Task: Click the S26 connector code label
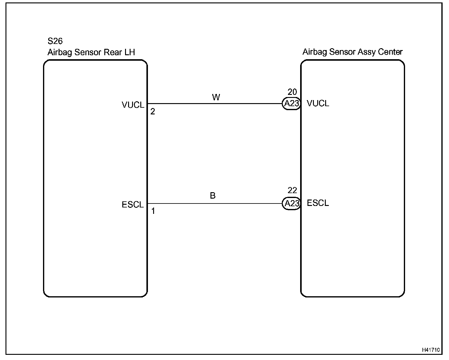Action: coord(55,41)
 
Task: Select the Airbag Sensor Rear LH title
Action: coord(91,52)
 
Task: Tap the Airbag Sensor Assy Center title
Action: coord(352,52)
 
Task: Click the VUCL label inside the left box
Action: coord(133,105)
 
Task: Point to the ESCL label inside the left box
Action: coord(133,205)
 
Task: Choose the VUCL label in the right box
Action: coord(318,104)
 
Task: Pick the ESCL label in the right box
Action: coord(318,203)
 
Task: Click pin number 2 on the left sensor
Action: coord(153,112)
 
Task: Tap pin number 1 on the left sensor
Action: coord(153,211)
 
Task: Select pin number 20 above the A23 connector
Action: coord(292,92)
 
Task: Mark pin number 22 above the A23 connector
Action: coord(292,191)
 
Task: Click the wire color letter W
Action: coord(216,98)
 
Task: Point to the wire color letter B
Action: coord(213,196)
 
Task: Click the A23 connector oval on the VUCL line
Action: coord(291,104)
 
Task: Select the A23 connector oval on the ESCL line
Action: coord(291,203)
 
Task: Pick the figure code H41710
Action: coord(431,350)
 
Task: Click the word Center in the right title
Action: coord(390,52)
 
